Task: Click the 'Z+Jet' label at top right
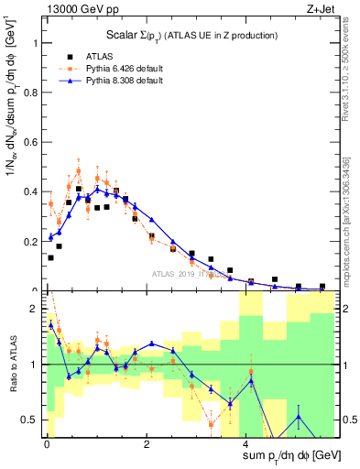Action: [x=319, y=8]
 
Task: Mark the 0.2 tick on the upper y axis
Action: [x=31, y=242]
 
